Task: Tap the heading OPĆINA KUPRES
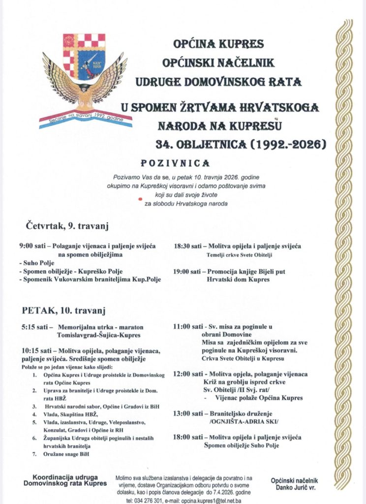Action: pos(219,45)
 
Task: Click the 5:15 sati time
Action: pos(33,327)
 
